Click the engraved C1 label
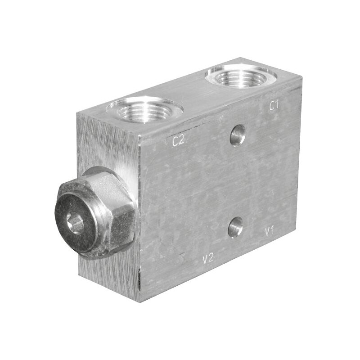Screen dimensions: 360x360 pos(274,106)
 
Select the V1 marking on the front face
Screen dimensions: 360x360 pos(269,232)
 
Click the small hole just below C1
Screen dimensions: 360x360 pos(238,135)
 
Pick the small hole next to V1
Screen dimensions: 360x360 pos(235,227)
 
